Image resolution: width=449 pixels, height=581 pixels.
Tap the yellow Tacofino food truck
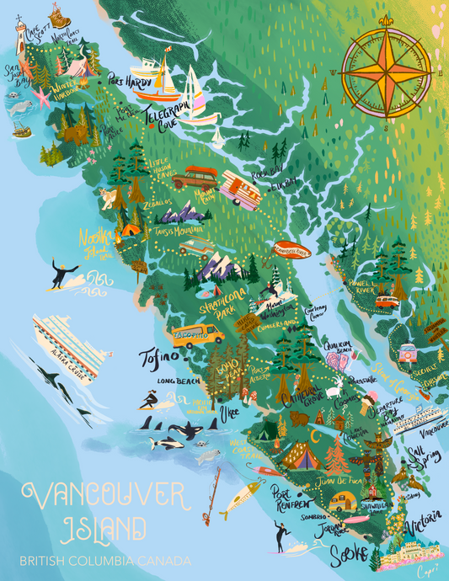click(x=199, y=335)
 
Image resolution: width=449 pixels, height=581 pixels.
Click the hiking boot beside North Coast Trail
click(x=56, y=13)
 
